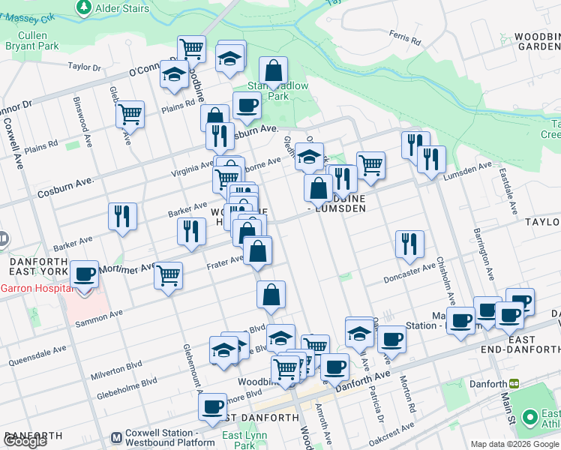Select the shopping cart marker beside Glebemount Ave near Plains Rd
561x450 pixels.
click(130, 115)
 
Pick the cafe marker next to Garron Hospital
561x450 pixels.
click(84, 275)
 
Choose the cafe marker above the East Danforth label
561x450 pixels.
click(212, 407)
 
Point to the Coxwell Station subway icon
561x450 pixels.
click(116, 437)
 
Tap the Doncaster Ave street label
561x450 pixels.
click(409, 271)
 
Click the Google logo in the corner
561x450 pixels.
click(25, 441)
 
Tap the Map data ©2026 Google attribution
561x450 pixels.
click(514, 444)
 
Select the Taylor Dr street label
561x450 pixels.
click(84, 67)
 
